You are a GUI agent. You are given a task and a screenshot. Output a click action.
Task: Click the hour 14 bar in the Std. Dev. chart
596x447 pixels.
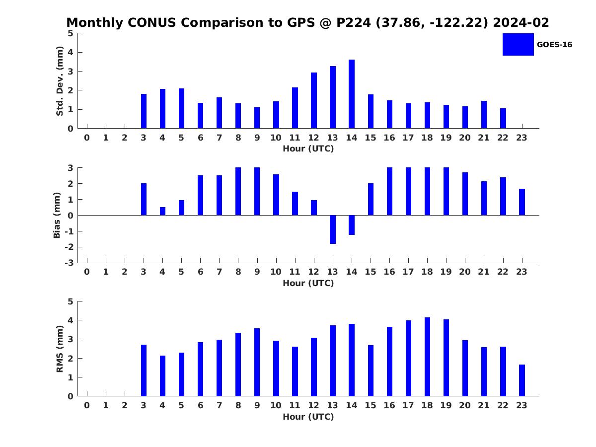pyautogui.click(x=351, y=94)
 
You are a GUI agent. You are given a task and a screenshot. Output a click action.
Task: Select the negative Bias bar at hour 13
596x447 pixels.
pyautogui.click(x=333, y=229)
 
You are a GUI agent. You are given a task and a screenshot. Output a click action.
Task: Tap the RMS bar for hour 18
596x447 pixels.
pyautogui.click(x=427, y=357)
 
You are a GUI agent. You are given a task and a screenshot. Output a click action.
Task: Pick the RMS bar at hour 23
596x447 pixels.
pyautogui.click(x=521, y=380)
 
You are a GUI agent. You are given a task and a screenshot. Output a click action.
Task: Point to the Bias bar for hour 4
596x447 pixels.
pyautogui.click(x=162, y=211)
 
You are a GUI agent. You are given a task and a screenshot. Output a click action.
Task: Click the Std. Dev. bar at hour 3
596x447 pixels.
pyautogui.click(x=144, y=111)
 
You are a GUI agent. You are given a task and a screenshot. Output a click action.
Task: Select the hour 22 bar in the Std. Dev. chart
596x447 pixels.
pyautogui.click(x=503, y=118)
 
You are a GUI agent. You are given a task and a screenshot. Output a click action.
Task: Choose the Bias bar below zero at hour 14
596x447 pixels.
pyautogui.click(x=351, y=225)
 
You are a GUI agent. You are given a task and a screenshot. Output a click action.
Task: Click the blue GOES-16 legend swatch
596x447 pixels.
pyautogui.click(x=518, y=45)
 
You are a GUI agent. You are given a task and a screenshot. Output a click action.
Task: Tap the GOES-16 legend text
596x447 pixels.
pyautogui.click(x=554, y=45)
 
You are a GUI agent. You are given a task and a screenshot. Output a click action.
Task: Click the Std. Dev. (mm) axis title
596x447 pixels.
pyautogui.click(x=60, y=81)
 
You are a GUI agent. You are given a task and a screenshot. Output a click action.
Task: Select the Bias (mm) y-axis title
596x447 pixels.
pyautogui.click(x=57, y=215)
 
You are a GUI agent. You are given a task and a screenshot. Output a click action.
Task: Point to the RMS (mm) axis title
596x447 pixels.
pyautogui.click(x=60, y=349)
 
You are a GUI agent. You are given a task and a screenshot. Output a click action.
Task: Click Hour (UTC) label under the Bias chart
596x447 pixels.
pyautogui.click(x=308, y=283)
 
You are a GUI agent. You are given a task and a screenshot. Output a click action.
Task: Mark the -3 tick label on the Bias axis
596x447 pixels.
pyautogui.click(x=69, y=263)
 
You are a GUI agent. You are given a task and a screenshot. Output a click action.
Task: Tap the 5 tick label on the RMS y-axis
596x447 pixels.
pyautogui.click(x=71, y=301)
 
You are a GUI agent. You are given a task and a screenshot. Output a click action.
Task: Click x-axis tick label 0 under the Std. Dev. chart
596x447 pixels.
pyautogui.click(x=86, y=138)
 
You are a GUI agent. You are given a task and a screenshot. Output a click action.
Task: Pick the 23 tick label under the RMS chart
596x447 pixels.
pyautogui.click(x=521, y=405)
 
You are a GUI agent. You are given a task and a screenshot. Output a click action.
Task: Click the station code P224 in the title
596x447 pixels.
pyautogui.click(x=354, y=22)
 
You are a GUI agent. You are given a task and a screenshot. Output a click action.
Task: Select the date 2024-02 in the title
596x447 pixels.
pyautogui.click(x=521, y=22)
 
